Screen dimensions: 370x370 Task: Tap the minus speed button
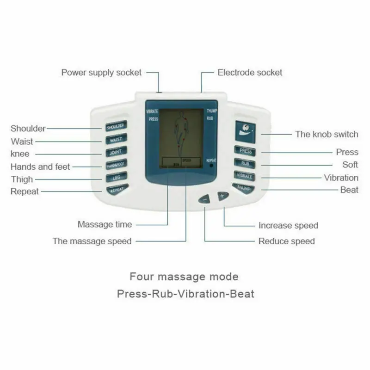click(205, 199)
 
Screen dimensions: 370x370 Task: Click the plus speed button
click(222, 196)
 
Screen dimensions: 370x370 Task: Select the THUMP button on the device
click(244, 187)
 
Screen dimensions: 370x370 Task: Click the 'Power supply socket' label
click(102, 73)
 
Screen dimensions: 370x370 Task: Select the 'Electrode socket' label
click(250, 73)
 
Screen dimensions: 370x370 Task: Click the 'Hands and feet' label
click(40, 166)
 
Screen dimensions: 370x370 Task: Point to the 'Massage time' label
click(105, 225)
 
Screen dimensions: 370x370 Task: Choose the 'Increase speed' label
click(288, 226)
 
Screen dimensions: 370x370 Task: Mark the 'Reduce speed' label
click(286, 241)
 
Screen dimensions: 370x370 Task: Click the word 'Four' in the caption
click(142, 277)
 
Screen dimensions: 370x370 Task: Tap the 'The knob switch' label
click(327, 134)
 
